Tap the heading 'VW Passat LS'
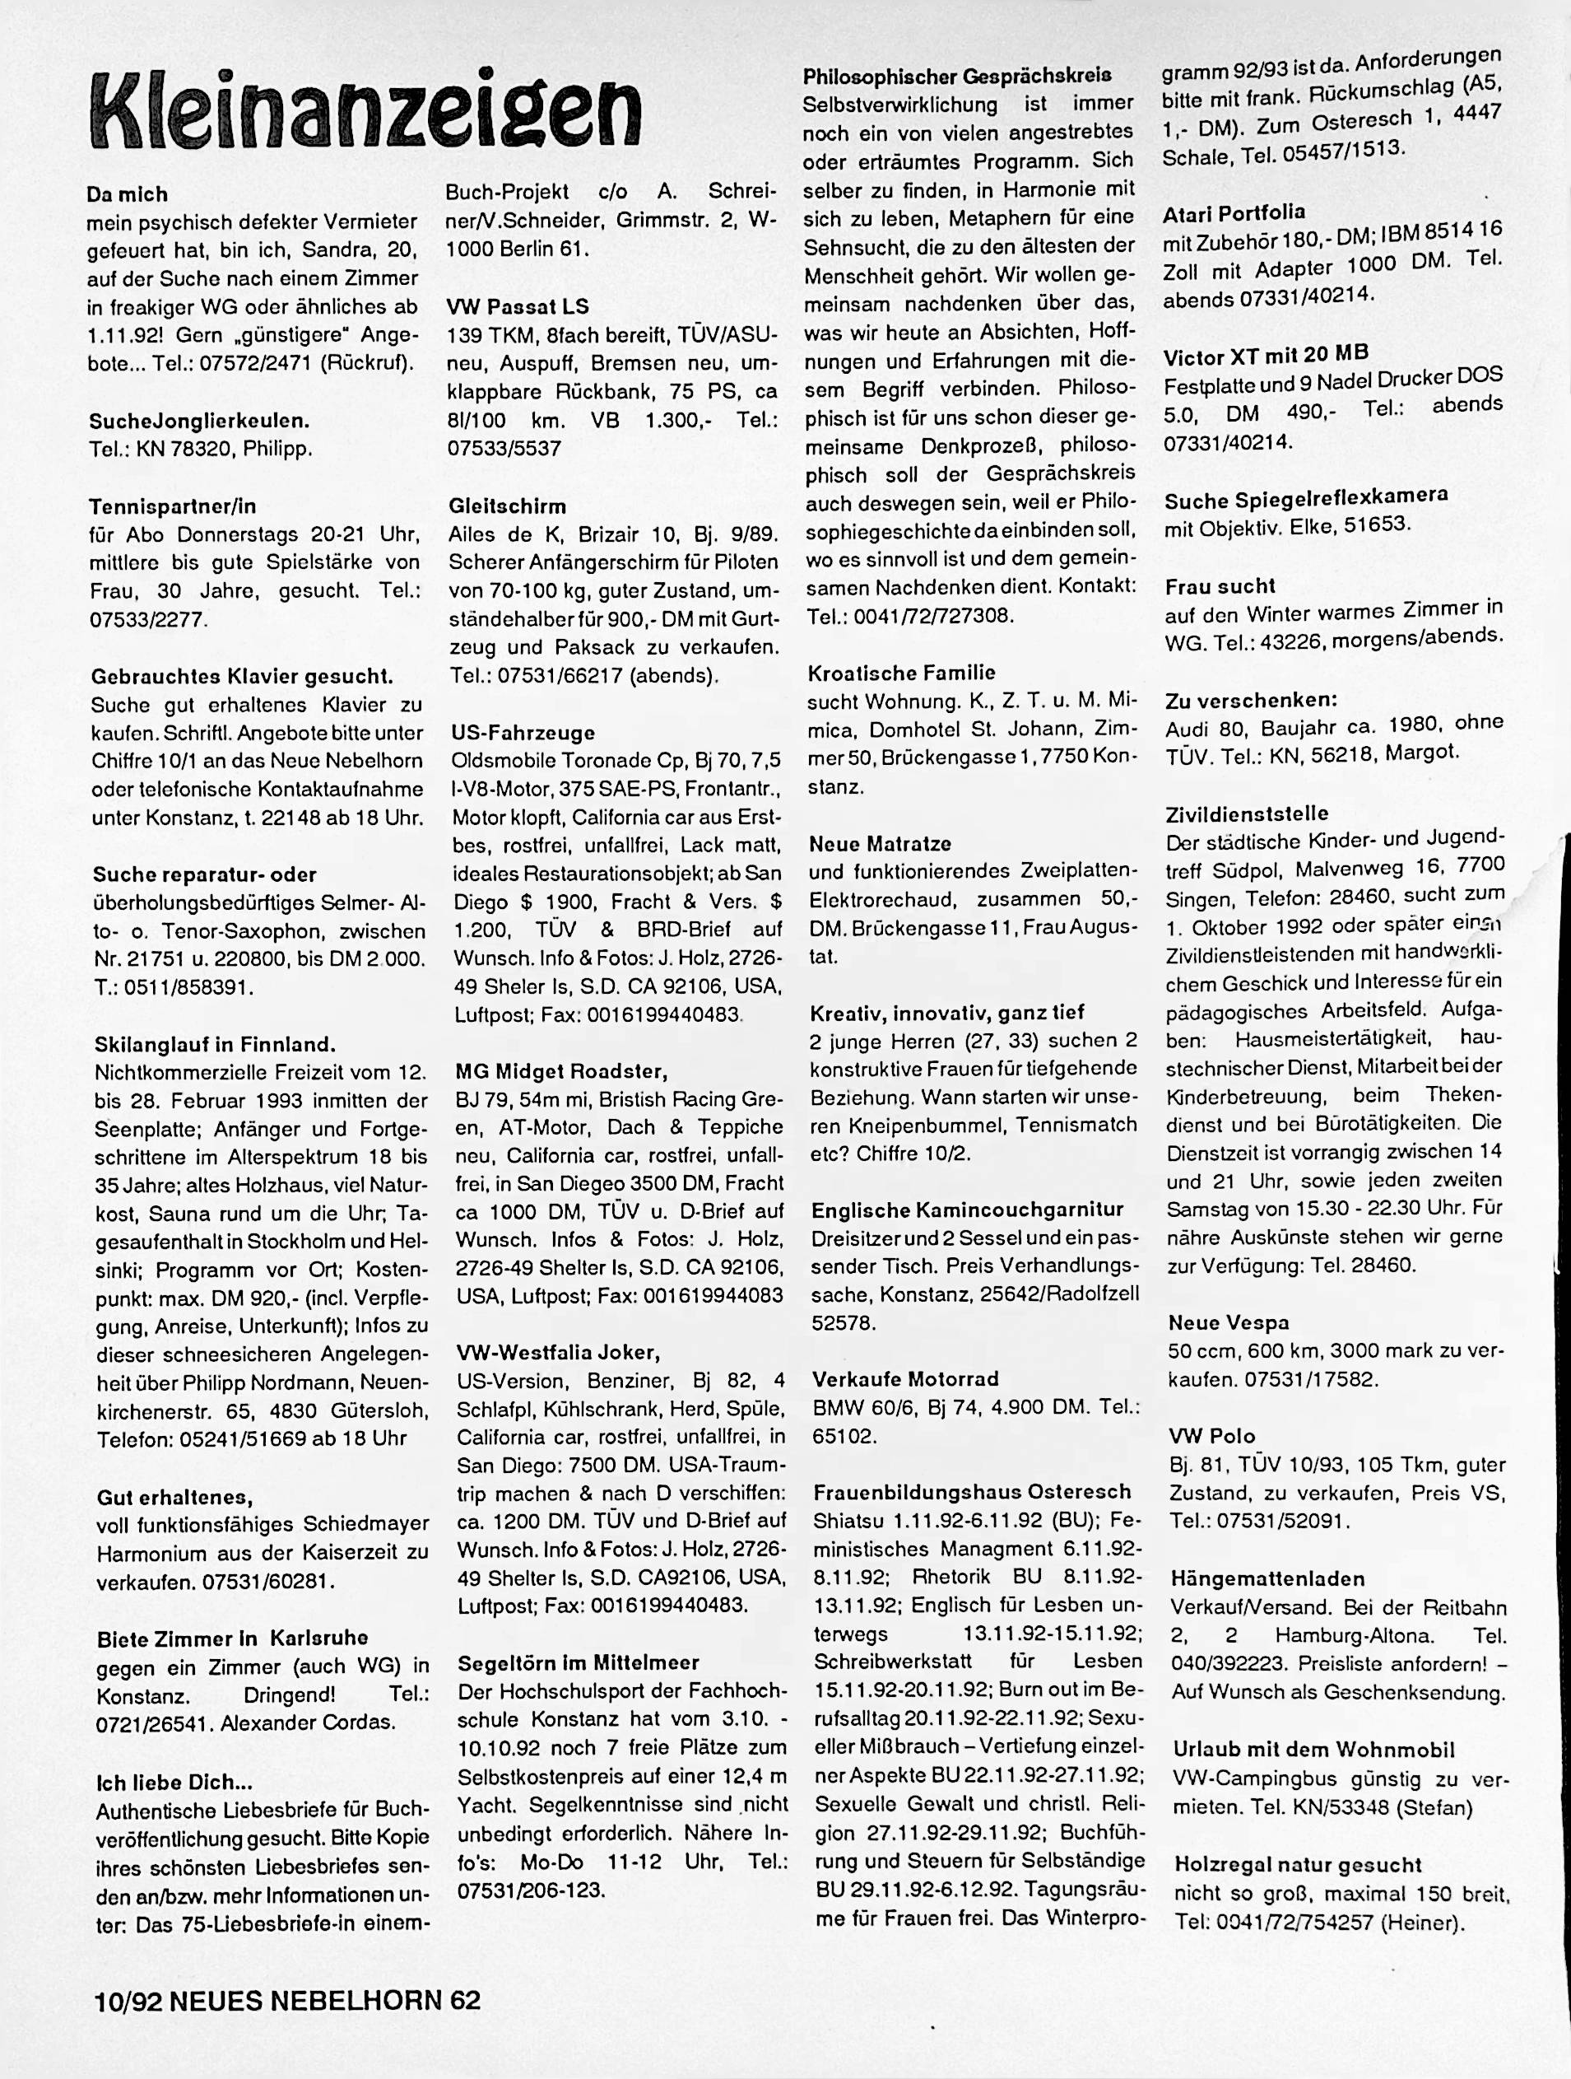tap(518, 306)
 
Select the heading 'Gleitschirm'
tap(508, 506)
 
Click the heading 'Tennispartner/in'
tap(173, 506)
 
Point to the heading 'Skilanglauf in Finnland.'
tap(215, 1043)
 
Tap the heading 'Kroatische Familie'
tap(901, 672)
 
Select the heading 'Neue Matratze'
tap(881, 843)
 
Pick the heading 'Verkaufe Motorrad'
tap(905, 1379)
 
